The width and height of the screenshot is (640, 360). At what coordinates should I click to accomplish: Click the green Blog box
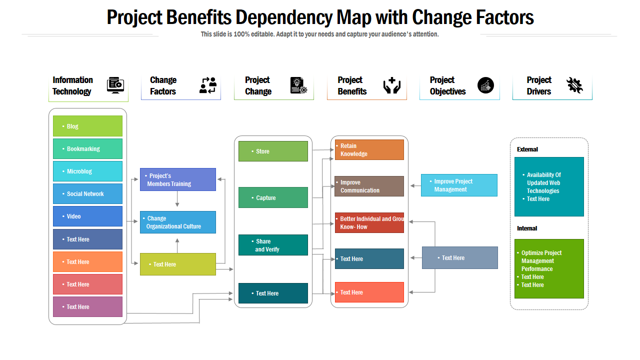click(87, 126)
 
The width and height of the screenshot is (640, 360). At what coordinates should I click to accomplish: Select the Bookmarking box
click(87, 148)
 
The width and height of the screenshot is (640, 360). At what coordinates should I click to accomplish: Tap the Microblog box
click(87, 171)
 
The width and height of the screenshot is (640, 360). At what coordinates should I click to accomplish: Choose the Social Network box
click(87, 193)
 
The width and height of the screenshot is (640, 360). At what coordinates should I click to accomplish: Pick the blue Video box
click(87, 216)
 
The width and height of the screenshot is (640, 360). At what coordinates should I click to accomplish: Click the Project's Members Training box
click(177, 179)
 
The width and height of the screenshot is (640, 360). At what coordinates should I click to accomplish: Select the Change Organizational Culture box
click(177, 222)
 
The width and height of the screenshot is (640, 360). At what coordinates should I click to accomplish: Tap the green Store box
click(273, 151)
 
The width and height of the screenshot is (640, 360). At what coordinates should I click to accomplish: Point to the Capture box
click(273, 197)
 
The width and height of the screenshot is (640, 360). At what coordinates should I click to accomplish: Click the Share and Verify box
click(273, 245)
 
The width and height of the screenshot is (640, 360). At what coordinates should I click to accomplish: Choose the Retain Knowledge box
click(369, 149)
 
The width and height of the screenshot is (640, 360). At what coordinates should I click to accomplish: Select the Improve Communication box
click(369, 186)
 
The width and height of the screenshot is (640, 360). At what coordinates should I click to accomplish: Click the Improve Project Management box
click(459, 185)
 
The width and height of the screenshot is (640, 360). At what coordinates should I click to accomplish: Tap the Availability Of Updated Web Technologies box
click(549, 186)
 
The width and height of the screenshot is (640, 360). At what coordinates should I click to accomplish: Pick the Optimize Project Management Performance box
click(549, 268)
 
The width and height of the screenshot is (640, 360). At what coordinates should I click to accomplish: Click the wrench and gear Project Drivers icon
click(574, 85)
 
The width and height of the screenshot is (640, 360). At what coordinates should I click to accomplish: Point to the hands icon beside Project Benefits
click(392, 85)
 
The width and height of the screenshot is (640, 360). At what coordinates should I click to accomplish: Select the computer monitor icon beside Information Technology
click(115, 85)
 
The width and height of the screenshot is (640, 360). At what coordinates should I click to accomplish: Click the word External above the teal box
click(527, 149)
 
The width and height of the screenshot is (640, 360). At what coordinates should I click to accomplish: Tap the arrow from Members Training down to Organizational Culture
click(177, 199)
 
